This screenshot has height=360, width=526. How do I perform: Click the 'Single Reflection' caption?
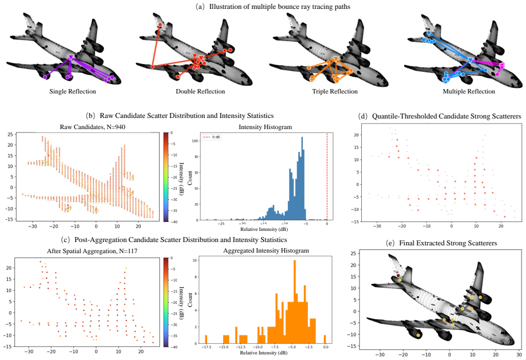click(x=72, y=91)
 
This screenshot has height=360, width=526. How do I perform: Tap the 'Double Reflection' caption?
click(x=200, y=91)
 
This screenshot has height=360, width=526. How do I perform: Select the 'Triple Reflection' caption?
click(x=335, y=91)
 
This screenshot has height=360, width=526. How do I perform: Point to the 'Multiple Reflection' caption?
click(x=469, y=91)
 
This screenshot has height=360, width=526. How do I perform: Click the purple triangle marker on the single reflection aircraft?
click(x=71, y=58)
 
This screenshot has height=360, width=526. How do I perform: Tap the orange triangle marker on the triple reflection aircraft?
click(x=336, y=60)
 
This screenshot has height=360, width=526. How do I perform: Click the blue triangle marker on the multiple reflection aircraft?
click(x=470, y=60)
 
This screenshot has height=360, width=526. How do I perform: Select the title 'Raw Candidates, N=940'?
click(x=92, y=127)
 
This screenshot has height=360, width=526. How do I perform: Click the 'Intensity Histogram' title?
click(x=265, y=127)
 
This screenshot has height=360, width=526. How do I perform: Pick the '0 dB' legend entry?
click(x=213, y=137)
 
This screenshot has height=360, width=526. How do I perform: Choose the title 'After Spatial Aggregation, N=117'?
click(x=92, y=251)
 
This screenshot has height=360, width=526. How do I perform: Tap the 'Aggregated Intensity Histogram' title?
click(x=266, y=251)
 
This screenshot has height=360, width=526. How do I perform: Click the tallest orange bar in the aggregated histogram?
click(x=294, y=302)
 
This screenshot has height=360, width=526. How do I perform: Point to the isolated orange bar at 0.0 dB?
click(x=325, y=339)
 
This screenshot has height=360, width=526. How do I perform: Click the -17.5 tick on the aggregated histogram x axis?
click(x=206, y=347)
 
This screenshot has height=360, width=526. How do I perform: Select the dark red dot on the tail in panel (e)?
click(x=398, y=275)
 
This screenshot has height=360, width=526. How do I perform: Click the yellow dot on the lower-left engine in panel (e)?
click(x=419, y=335)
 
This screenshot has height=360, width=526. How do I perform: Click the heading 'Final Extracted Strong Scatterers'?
click(x=448, y=243)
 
